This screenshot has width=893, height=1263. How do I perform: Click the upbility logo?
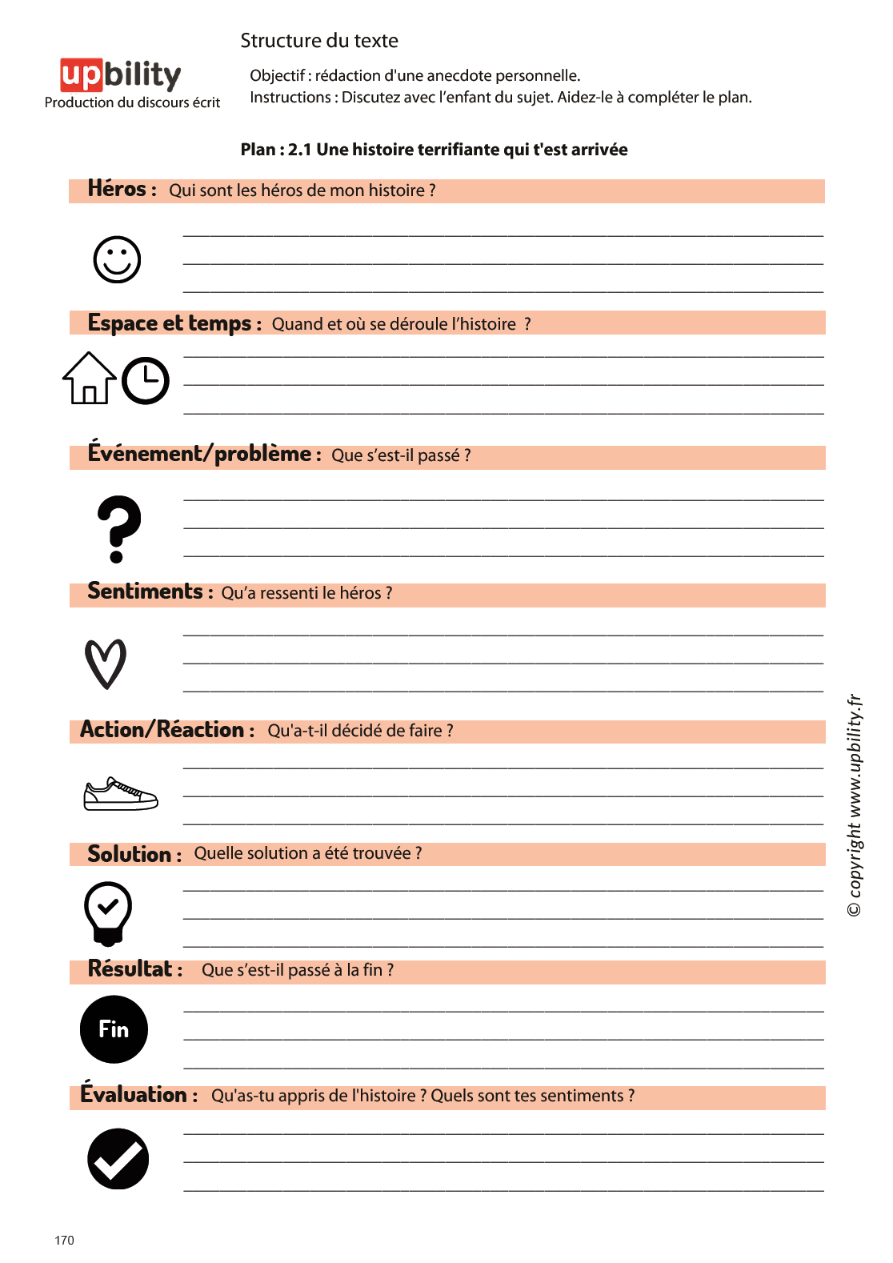121,75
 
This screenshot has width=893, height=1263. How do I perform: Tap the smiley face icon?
117,259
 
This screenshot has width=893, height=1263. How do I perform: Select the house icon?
90,379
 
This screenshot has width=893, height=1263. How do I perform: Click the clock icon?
146,381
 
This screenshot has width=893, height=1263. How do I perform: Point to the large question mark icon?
118,529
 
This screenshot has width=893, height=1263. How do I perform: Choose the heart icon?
106,664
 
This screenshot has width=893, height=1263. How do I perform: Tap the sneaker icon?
121,794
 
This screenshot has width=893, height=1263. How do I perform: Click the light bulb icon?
108,913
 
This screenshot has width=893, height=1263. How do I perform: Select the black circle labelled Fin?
114,1029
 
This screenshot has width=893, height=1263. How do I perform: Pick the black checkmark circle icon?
118,1159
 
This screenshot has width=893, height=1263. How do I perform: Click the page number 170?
64,1241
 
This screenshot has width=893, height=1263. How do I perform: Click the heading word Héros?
117,189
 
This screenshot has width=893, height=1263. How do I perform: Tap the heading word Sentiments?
145,591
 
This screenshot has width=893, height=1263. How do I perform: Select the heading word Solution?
129,854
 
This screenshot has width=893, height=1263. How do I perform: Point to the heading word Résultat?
130,969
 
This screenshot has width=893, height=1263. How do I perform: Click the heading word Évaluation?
133,1094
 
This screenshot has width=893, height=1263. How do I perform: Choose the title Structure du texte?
319,41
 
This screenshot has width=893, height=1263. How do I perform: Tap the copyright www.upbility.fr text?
855,804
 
